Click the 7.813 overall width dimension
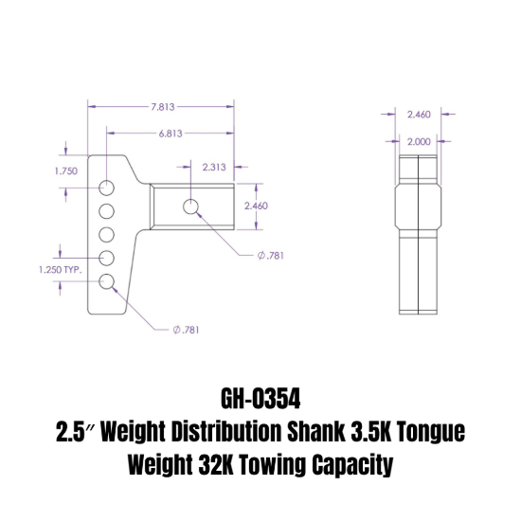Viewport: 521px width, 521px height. [x=162, y=107]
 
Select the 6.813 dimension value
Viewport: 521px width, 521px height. [x=171, y=134]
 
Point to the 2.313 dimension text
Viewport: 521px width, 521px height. [x=215, y=167]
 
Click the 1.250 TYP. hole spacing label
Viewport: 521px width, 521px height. [x=61, y=270]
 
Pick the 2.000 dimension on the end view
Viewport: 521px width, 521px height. [x=419, y=140]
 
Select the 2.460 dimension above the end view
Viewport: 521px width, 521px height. [x=419, y=114]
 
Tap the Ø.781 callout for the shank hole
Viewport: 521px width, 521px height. [x=271, y=255]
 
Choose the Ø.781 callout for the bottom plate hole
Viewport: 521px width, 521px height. [x=185, y=330]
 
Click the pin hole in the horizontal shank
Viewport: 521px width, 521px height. [x=192, y=206]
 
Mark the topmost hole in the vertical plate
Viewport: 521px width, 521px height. [x=107, y=186]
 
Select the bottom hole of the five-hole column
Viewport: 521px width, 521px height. [x=107, y=281]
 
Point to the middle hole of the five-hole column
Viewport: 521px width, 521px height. [x=107, y=234]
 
